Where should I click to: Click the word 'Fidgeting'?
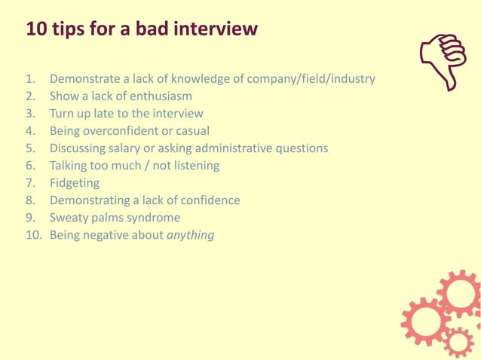point(75,183)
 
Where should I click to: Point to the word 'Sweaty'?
point(70,218)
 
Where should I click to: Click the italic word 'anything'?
point(191,235)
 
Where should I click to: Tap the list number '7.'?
point(31,183)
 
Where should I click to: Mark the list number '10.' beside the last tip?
point(33,235)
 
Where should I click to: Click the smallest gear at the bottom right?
point(458,342)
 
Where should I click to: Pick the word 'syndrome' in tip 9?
point(154,218)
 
